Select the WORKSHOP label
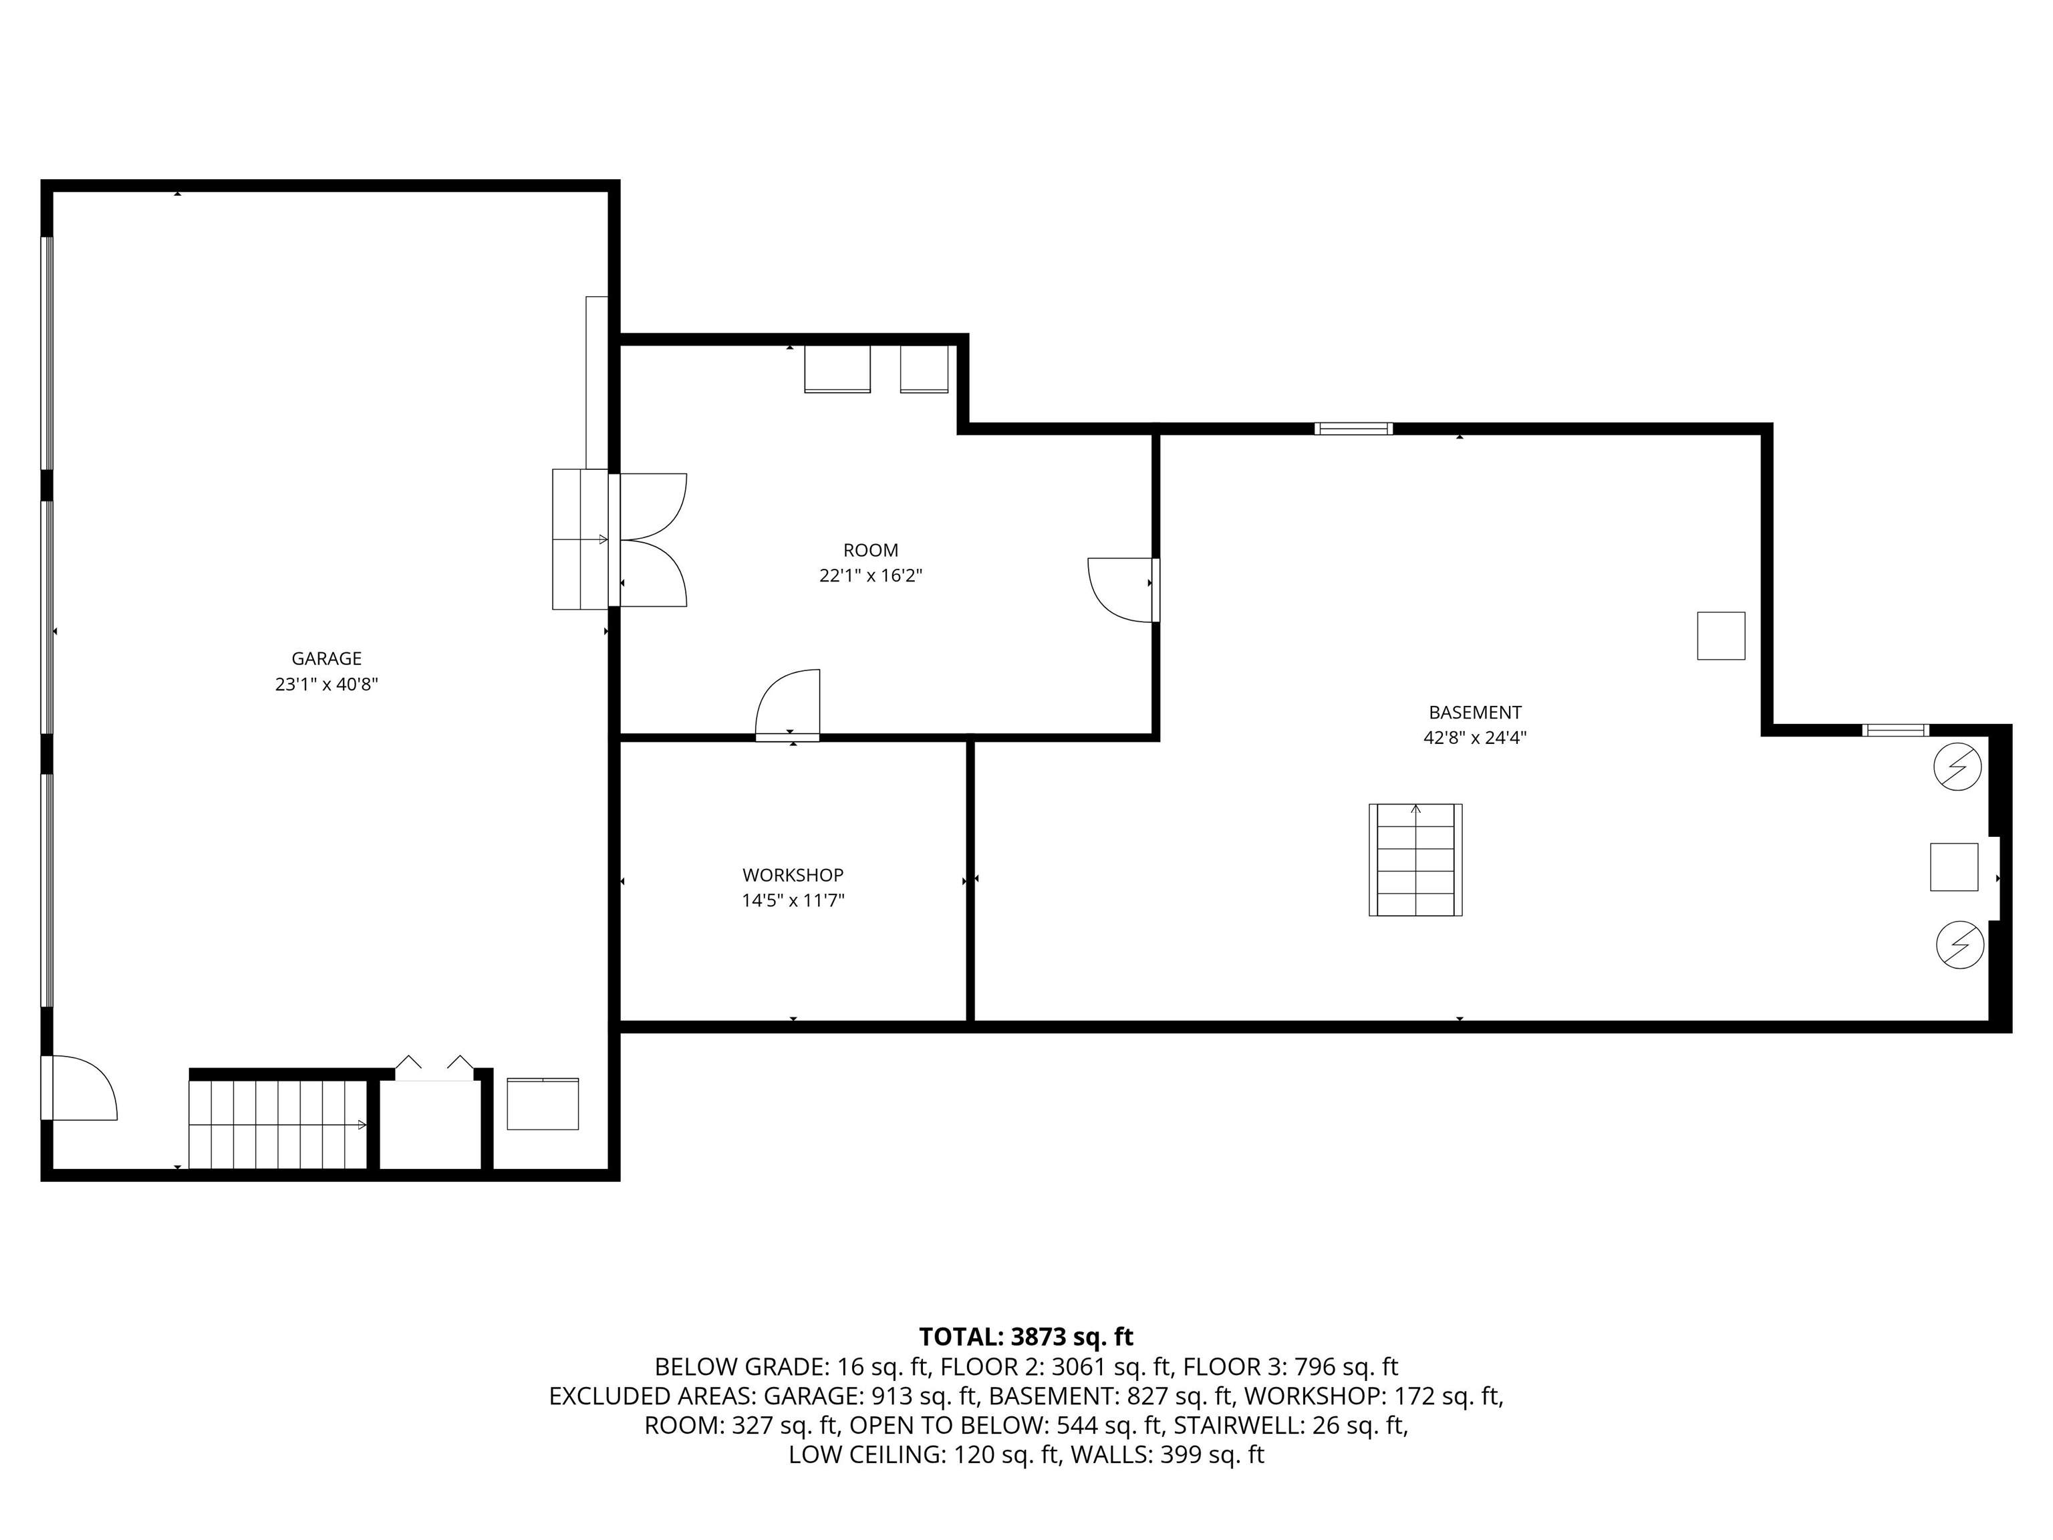(x=793, y=874)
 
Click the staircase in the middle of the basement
(x=1415, y=860)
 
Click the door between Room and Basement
(x=1121, y=590)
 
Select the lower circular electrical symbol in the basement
(x=1959, y=946)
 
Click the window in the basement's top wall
(x=1353, y=429)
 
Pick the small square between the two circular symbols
(x=1953, y=867)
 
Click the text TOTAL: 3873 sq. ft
(x=1026, y=1337)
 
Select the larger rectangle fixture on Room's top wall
(x=836, y=368)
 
